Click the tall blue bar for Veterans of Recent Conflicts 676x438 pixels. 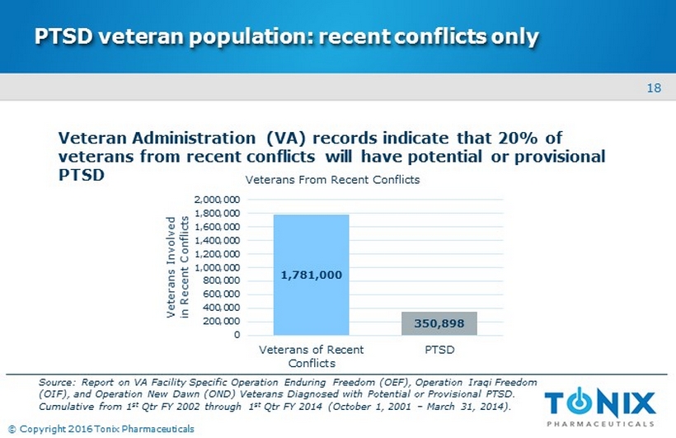312,239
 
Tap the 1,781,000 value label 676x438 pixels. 312,275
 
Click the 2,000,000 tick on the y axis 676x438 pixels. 218,200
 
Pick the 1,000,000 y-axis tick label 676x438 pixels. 218,268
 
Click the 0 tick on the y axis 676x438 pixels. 237,335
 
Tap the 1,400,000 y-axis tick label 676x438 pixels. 218,241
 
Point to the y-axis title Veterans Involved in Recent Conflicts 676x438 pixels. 178,266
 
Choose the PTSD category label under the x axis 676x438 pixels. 440,350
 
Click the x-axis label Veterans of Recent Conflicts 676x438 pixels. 312,356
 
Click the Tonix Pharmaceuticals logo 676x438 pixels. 600,408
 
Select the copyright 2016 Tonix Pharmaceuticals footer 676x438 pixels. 101,428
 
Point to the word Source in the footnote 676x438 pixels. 57,383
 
